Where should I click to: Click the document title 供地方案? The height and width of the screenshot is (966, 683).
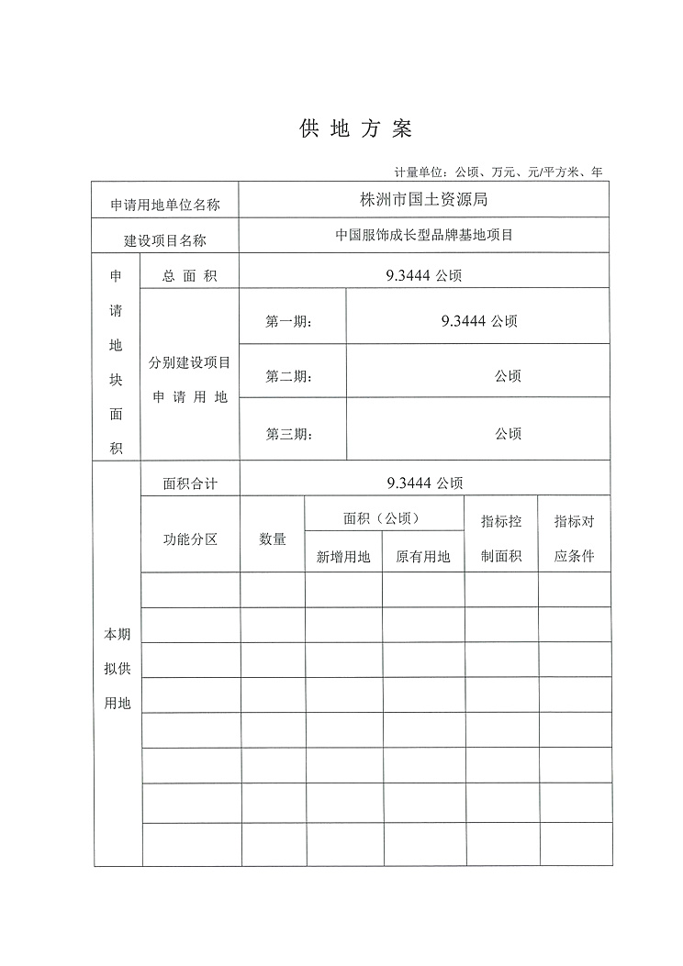[x=356, y=129]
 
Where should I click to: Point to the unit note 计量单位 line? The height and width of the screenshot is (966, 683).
[x=498, y=172]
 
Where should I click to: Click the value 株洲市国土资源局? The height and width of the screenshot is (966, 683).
[x=423, y=198]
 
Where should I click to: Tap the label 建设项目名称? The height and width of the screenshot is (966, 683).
[x=165, y=240]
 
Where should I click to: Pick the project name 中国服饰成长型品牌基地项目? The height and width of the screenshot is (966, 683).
[x=423, y=235]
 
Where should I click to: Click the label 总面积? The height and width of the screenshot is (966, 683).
[x=189, y=276]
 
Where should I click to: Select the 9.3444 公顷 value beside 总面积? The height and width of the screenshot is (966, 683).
[x=424, y=274]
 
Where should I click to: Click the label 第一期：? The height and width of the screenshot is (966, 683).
[x=289, y=322]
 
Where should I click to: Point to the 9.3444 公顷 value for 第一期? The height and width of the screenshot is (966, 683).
[x=478, y=321]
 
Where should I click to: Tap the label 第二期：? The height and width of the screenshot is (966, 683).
[x=289, y=377]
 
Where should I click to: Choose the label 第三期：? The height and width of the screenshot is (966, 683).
[x=289, y=434]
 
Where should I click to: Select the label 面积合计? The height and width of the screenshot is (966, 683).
[x=190, y=483]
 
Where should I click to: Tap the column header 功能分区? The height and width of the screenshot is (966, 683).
[x=190, y=539]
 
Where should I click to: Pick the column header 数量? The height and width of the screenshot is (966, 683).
[x=273, y=539]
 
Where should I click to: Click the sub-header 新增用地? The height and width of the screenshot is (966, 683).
[x=343, y=556]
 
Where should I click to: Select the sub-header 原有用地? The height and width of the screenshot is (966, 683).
[x=423, y=556]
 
